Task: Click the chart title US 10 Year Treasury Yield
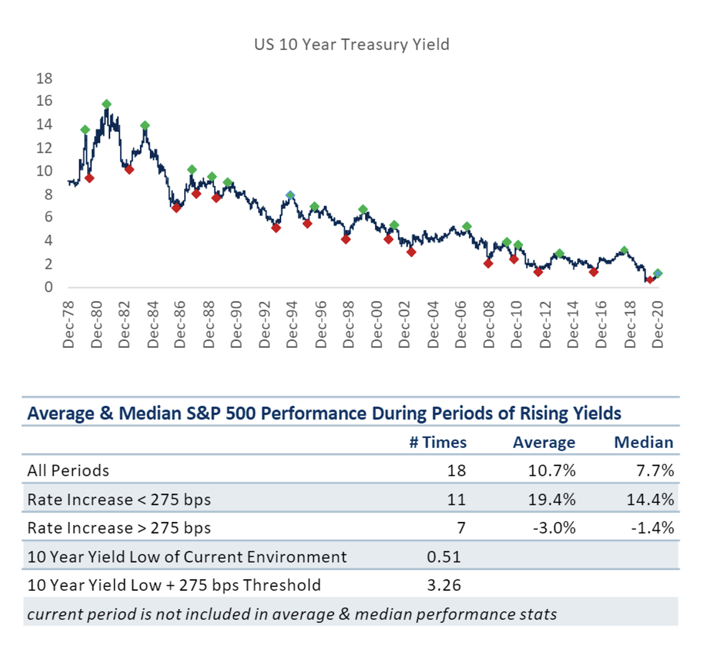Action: [x=352, y=45]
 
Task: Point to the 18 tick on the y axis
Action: [x=44, y=78]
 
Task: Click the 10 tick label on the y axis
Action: [x=44, y=171]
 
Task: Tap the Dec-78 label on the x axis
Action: [x=69, y=324]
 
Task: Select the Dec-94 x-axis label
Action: [x=293, y=324]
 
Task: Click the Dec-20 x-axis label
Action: [x=658, y=324]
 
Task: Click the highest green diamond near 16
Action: [x=106, y=105]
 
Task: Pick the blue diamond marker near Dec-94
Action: [x=290, y=195]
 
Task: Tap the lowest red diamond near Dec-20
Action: [x=650, y=280]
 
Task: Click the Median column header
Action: [x=643, y=442]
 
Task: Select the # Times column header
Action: [x=438, y=442]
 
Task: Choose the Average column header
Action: [x=544, y=442]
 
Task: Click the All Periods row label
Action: [x=68, y=471]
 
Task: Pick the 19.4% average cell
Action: [x=551, y=500]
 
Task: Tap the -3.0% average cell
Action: [x=554, y=528]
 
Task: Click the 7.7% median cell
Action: [x=655, y=471]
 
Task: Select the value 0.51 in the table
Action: [x=444, y=556]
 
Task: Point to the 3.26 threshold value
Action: [x=444, y=585]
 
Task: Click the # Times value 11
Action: [x=456, y=500]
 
